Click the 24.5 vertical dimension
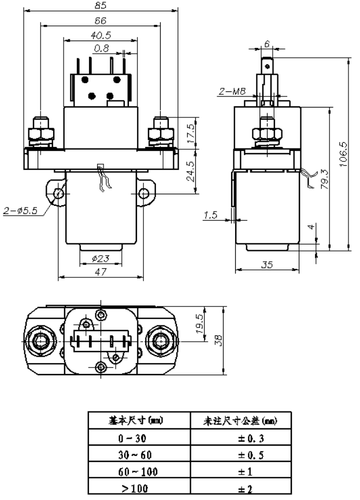click(191, 171)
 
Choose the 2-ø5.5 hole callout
click(20, 212)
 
